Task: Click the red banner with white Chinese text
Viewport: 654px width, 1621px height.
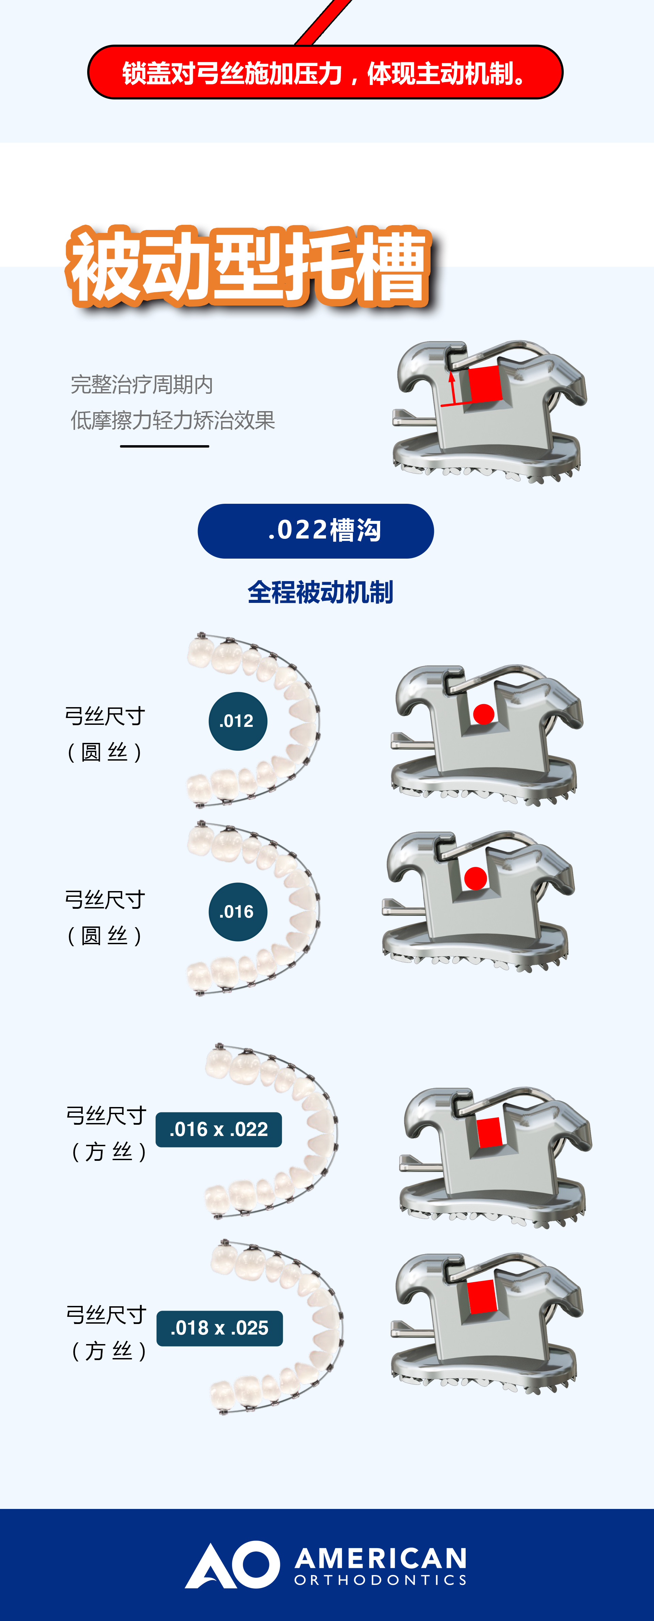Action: (325, 72)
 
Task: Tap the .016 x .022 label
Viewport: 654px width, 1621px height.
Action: (218, 1129)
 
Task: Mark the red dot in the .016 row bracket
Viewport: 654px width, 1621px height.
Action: (475, 878)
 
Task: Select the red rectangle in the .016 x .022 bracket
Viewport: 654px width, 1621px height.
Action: (489, 1133)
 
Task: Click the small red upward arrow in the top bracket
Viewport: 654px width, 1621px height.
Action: (451, 388)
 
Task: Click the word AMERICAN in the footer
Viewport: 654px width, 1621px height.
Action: (381, 1559)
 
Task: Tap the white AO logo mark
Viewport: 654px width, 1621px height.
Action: (232, 1564)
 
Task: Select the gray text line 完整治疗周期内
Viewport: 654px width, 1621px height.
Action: (142, 385)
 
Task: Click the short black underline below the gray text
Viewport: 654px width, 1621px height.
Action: (164, 446)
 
